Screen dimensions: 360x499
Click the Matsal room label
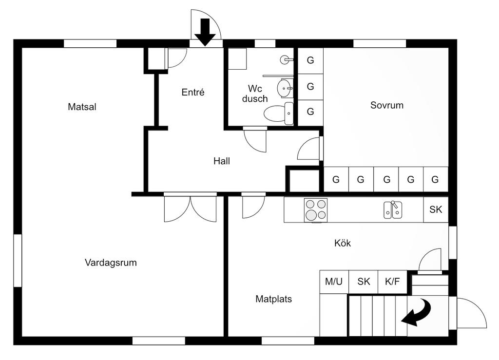click(x=82, y=107)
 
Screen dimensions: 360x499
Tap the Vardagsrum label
click(x=111, y=263)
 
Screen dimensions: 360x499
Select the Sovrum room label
click(x=387, y=105)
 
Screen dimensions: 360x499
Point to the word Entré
click(x=193, y=92)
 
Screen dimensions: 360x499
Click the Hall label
click(x=222, y=161)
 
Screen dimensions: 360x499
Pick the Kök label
click(x=343, y=243)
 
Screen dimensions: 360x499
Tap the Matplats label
click(x=273, y=299)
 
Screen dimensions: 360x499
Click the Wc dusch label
click(x=255, y=94)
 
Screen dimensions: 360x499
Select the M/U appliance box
click(x=334, y=282)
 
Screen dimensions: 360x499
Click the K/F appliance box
click(x=392, y=282)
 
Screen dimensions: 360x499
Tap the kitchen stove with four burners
click(x=315, y=209)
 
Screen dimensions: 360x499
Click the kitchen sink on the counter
click(x=393, y=210)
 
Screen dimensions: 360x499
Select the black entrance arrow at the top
click(x=205, y=32)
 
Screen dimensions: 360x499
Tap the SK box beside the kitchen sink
click(x=436, y=209)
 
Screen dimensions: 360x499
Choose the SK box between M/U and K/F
click(x=364, y=282)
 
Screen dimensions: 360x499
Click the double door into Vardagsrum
click(x=190, y=208)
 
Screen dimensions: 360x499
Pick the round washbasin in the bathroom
click(x=285, y=89)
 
